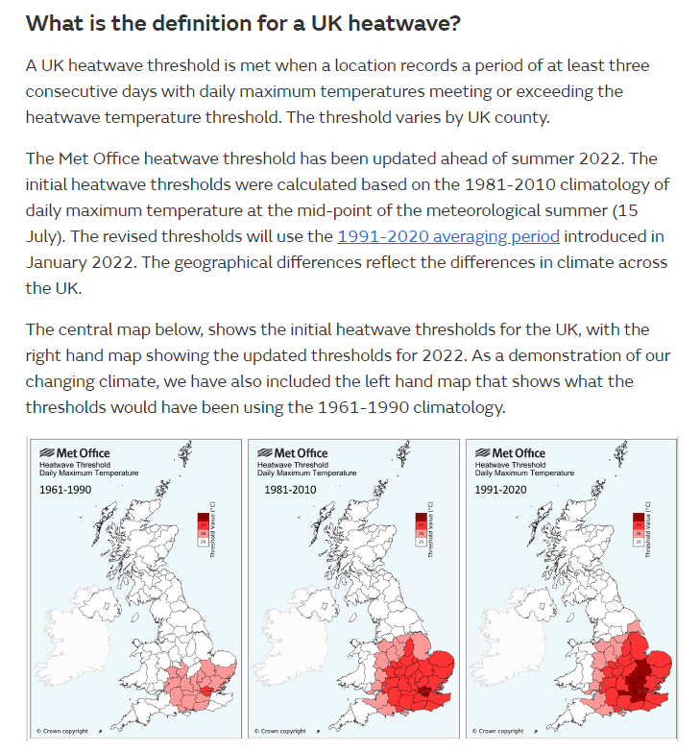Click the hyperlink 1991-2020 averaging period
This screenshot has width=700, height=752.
[448, 236]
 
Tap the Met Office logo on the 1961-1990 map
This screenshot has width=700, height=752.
[74, 453]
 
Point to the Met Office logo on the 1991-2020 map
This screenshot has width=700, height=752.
[510, 453]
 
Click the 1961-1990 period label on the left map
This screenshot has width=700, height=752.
[64, 490]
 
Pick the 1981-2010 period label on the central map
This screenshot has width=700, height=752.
[290, 490]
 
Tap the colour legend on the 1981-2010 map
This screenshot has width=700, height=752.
[420, 529]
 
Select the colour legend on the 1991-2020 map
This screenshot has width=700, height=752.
[638, 529]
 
